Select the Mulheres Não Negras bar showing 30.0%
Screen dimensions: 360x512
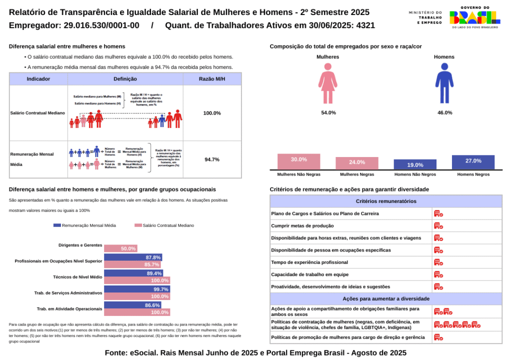[298, 161]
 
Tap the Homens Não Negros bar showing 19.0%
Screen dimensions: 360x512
[415, 165]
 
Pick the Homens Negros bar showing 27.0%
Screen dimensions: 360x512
[473, 162]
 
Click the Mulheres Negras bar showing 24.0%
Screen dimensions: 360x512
[357, 163]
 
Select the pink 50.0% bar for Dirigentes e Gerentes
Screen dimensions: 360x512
[120, 248]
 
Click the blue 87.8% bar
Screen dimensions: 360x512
[132, 257]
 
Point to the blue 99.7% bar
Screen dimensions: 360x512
[136, 289]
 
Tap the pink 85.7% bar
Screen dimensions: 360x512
[132, 264]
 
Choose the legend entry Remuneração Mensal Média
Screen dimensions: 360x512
[84, 225]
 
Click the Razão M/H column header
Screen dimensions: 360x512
[212, 79]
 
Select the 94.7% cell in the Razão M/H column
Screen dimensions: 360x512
[212, 160]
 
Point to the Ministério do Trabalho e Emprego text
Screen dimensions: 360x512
[425, 18]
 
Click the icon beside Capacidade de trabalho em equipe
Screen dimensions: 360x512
[438, 274]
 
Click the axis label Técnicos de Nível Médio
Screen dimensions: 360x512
[77, 277]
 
